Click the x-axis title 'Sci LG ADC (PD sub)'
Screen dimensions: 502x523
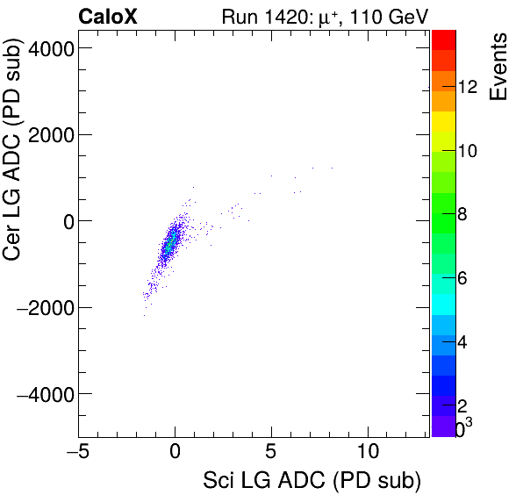click(x=312, y=481)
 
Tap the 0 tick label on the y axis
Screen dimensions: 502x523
click(x=65, y=221)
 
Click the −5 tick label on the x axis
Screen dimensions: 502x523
click(x=79, y=452)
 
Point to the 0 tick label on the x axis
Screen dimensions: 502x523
click(x=176, y=452)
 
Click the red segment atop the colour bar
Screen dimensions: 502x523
click(x=443, y=39)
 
